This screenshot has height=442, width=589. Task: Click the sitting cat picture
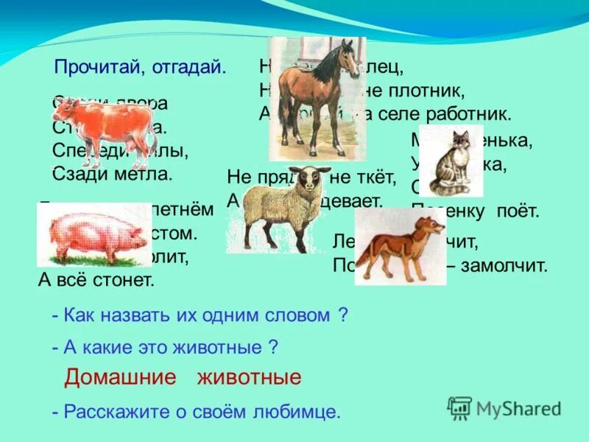coord(451,161)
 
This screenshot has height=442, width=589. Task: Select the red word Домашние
coord(121,378)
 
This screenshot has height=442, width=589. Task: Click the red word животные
coord(249,378)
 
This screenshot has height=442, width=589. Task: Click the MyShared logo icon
coord(459,407)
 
